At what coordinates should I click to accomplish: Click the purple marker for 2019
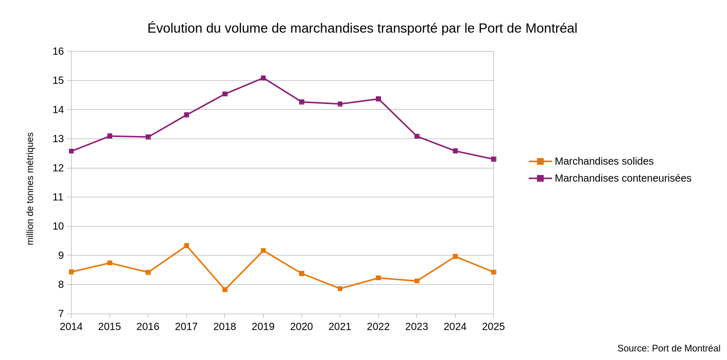pos(263,78)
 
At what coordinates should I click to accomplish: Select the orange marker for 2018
pos(225,289)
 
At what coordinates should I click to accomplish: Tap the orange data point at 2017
pos(186,246)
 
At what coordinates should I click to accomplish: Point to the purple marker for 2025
pos(493,159)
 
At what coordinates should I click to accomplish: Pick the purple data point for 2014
pos(72,151)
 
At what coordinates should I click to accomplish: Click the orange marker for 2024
pos(455,256)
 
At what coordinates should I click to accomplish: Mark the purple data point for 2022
pos(378,99)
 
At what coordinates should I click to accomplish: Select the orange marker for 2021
pos(340,288)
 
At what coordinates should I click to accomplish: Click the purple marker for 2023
pos(417,136)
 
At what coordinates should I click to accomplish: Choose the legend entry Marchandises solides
pos(603,161)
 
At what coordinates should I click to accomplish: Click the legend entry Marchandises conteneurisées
pos(622,178)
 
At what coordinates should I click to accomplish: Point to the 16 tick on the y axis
pos(58,52)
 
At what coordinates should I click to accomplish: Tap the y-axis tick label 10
pos(58,226)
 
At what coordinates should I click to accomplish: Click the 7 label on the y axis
pos(61,314)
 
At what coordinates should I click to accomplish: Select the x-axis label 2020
pos(301,327)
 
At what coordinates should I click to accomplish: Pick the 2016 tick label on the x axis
pos(148,327)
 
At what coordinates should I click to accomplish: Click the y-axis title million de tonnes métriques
pos(30,188)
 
